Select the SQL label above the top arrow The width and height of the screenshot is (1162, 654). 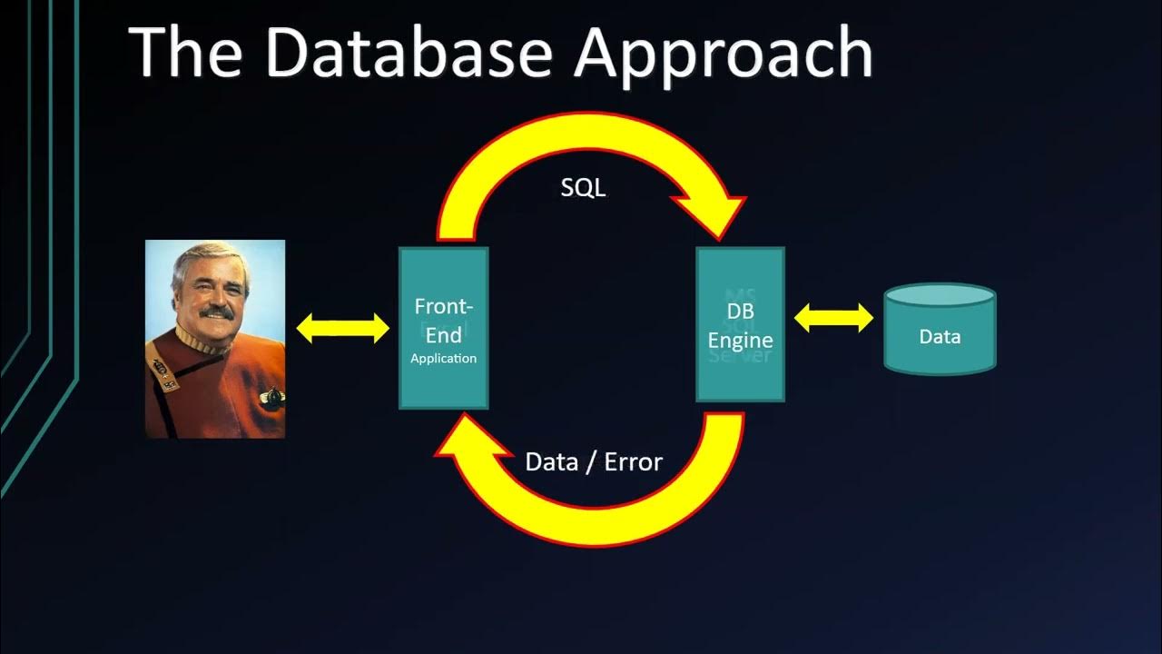coord(583,188)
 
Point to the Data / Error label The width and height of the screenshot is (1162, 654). coord(594,461)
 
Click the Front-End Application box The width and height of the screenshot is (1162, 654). coord(444,328)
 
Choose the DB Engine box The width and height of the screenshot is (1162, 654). coord(740,324)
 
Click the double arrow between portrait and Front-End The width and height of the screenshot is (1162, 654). coord(342,328)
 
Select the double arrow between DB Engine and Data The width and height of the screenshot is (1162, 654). coord(833,318)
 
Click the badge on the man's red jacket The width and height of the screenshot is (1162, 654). coord(271,396)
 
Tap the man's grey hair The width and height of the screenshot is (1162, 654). coord(195,259)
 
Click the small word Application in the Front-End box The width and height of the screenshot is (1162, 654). coord(443,359)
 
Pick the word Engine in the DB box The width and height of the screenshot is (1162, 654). coord(740,341)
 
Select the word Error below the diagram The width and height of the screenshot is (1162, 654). coord(634,461)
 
